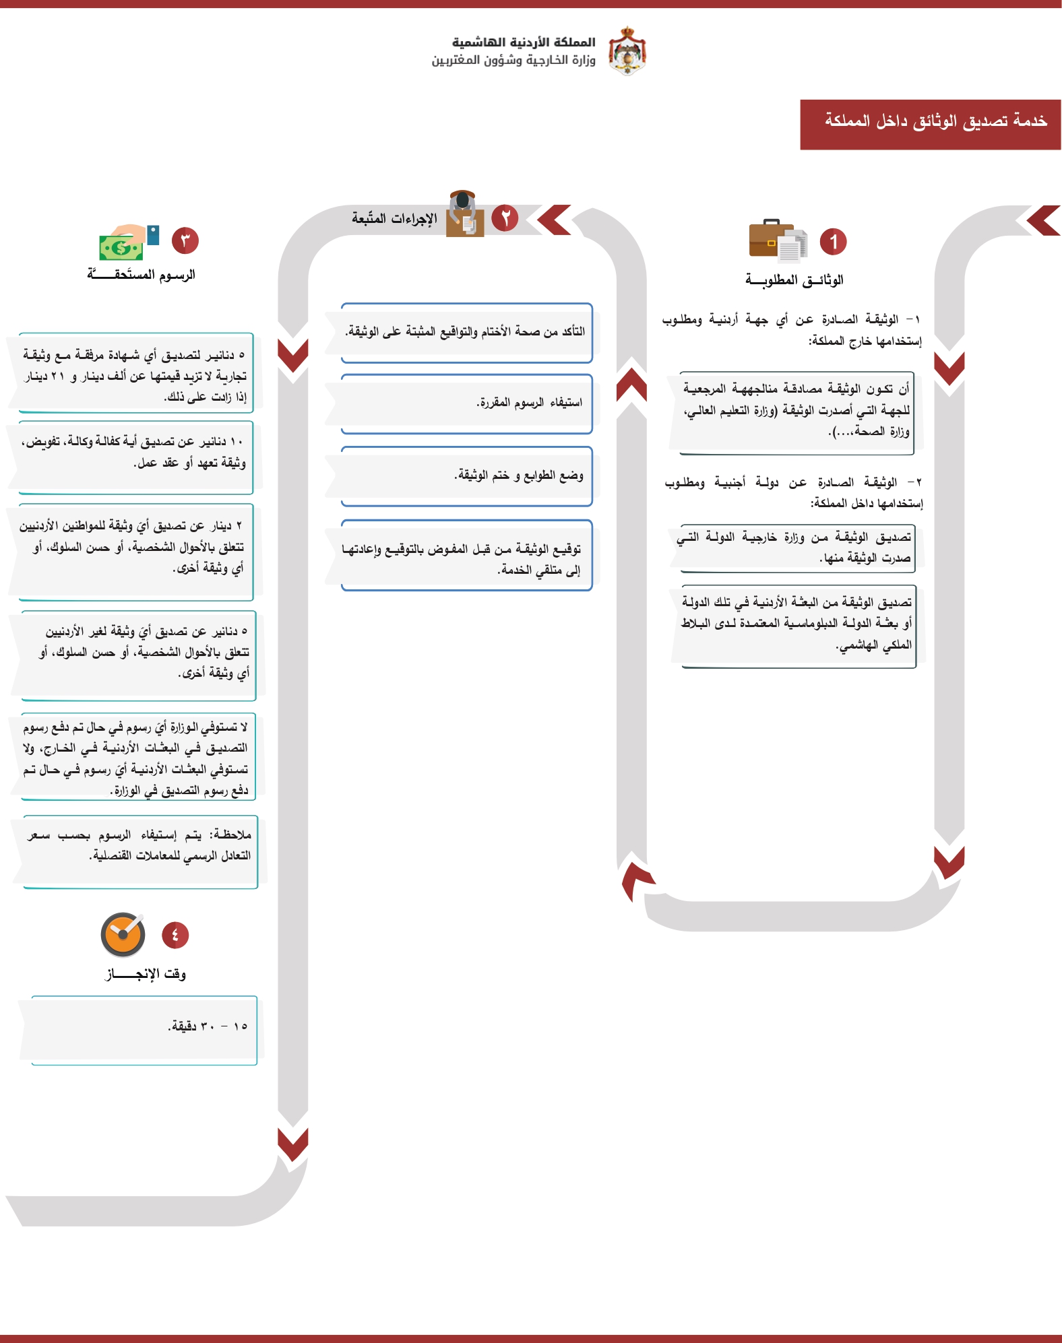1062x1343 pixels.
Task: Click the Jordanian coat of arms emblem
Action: (x=627, y=51)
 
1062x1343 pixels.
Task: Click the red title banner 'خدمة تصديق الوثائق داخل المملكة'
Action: (x=930, y=125)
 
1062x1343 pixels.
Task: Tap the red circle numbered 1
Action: (x=833, y=242)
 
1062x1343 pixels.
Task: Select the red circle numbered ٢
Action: (x=505, y=218)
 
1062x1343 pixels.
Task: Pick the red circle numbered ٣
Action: (x=185, y=240)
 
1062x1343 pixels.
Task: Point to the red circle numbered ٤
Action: (x=175, y=935)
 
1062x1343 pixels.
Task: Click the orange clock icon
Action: (x=123, y=935)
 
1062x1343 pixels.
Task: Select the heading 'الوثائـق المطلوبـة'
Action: (x=794, y=280)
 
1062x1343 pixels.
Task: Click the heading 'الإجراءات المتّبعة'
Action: (x=394, y=218)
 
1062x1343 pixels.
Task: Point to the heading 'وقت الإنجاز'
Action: (x=146, y=974)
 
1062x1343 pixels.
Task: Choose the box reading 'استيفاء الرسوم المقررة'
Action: (x=466, y=403)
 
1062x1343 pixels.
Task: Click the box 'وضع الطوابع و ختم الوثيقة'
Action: (x=466, y=476)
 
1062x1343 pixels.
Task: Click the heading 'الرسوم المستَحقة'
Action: (x=141, y=274)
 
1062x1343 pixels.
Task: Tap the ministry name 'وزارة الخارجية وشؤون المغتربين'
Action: (x=513, y=61)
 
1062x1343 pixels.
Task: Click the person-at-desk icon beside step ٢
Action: (x=464, y=214)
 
